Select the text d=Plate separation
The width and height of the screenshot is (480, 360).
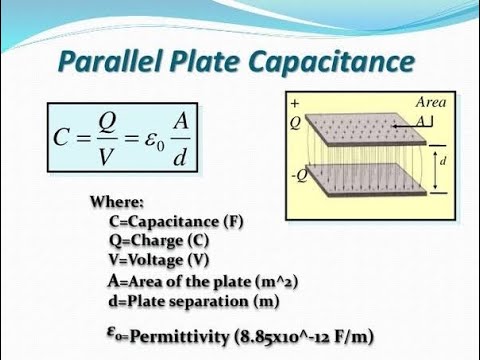pos(180,300)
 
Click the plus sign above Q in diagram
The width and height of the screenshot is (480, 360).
pos(295,103)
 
